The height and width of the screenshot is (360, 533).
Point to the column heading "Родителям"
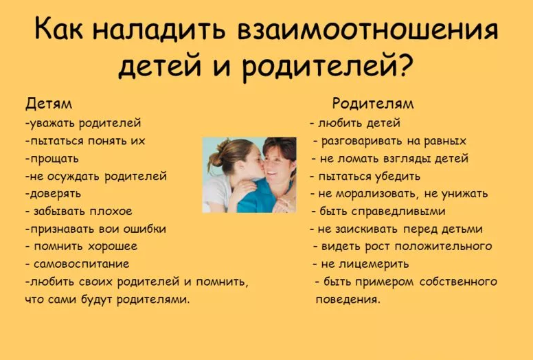tap(373, 104)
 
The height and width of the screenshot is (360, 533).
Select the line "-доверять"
tap(53, 194)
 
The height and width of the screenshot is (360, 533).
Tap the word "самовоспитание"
tap(80, 264)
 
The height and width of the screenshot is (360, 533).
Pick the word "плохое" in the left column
tap(110, 211)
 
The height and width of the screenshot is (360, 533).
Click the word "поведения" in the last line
tap(347, 300)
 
